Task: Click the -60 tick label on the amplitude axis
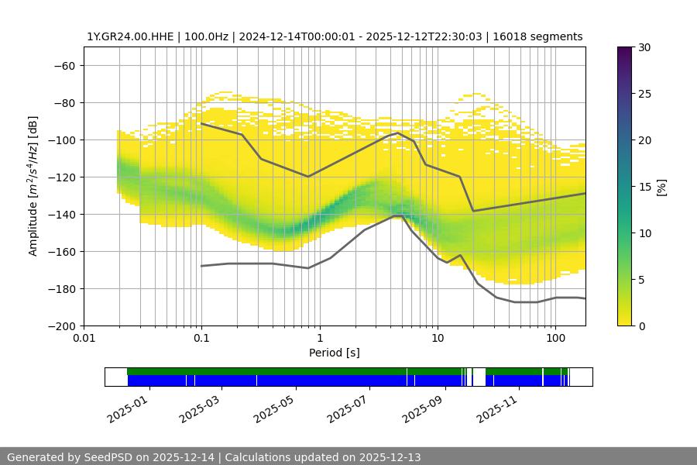pos(64,65)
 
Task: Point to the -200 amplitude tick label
pos(61,325)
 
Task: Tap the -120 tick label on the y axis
pos(61,177)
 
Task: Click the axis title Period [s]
pos(334,353)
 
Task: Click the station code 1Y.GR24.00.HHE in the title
pos(130,36)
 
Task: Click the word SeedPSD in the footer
pos(110,457)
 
